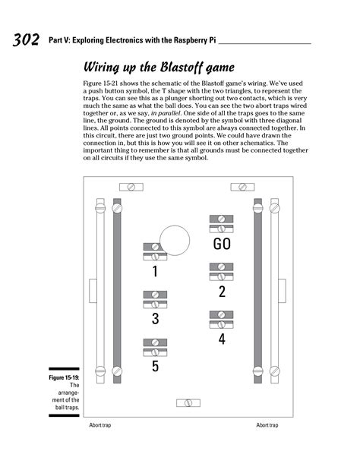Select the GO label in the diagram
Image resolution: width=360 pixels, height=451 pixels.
tap(222, 244)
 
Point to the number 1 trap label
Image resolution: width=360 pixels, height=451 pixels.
tap(155, 271)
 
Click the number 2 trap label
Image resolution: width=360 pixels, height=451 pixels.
tap(222, 292)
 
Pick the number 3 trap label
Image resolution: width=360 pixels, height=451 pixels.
tap(155, 319)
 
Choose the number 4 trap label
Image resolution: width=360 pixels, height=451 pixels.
tap(222, 339)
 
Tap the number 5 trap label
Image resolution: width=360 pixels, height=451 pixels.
tap(155, 367)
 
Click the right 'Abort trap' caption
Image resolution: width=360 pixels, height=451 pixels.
tap(267, 425)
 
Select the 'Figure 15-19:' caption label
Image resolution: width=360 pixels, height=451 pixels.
tap(63, 377)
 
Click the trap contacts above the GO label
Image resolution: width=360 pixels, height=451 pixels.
tap(221, 224)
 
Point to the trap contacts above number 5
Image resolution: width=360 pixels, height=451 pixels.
tap(155, 347)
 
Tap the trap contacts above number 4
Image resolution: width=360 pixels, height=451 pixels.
tap(221, 319)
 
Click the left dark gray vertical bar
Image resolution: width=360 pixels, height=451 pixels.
tap(117, 289)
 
